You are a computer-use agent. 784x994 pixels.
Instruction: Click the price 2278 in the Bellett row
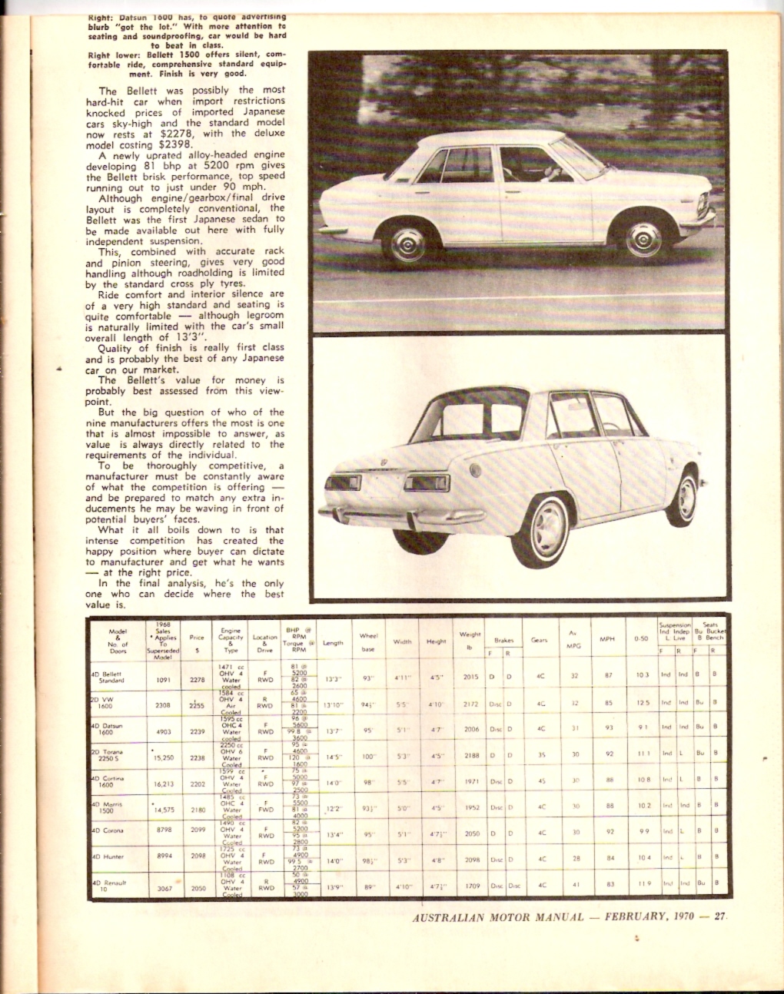point(197,678)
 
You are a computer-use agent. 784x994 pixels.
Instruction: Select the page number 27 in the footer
point(719,916)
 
